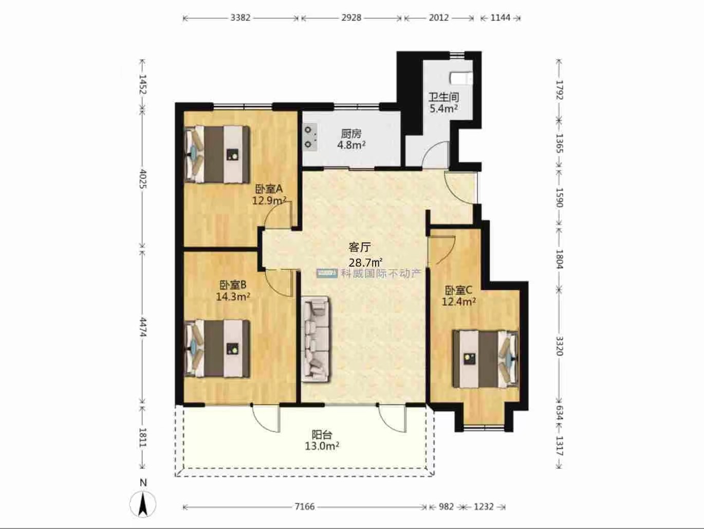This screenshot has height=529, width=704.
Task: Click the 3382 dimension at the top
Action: click(240, 17)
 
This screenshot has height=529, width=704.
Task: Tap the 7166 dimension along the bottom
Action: click(305, 506)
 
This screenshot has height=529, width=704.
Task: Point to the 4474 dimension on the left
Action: click(143, 327)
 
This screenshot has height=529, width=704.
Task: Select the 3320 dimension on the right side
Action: click(559, 346)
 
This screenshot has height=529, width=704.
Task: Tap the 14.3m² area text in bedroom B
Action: click(233, 296)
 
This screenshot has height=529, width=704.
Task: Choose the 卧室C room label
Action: click(458, 290)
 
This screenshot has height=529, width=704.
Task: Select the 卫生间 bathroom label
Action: click(444, 97)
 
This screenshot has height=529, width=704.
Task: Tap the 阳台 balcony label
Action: click(322, 435)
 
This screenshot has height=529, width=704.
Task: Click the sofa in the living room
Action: click(316, 339)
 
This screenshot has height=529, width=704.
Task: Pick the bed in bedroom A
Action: click(217, 154)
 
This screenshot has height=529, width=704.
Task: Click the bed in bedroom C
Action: click(485, 359)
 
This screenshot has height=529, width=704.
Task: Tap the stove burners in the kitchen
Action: click(310, 137)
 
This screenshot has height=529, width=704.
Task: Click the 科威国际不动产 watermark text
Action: click(380, 273)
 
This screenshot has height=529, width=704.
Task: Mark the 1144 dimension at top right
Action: click(501, 17)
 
